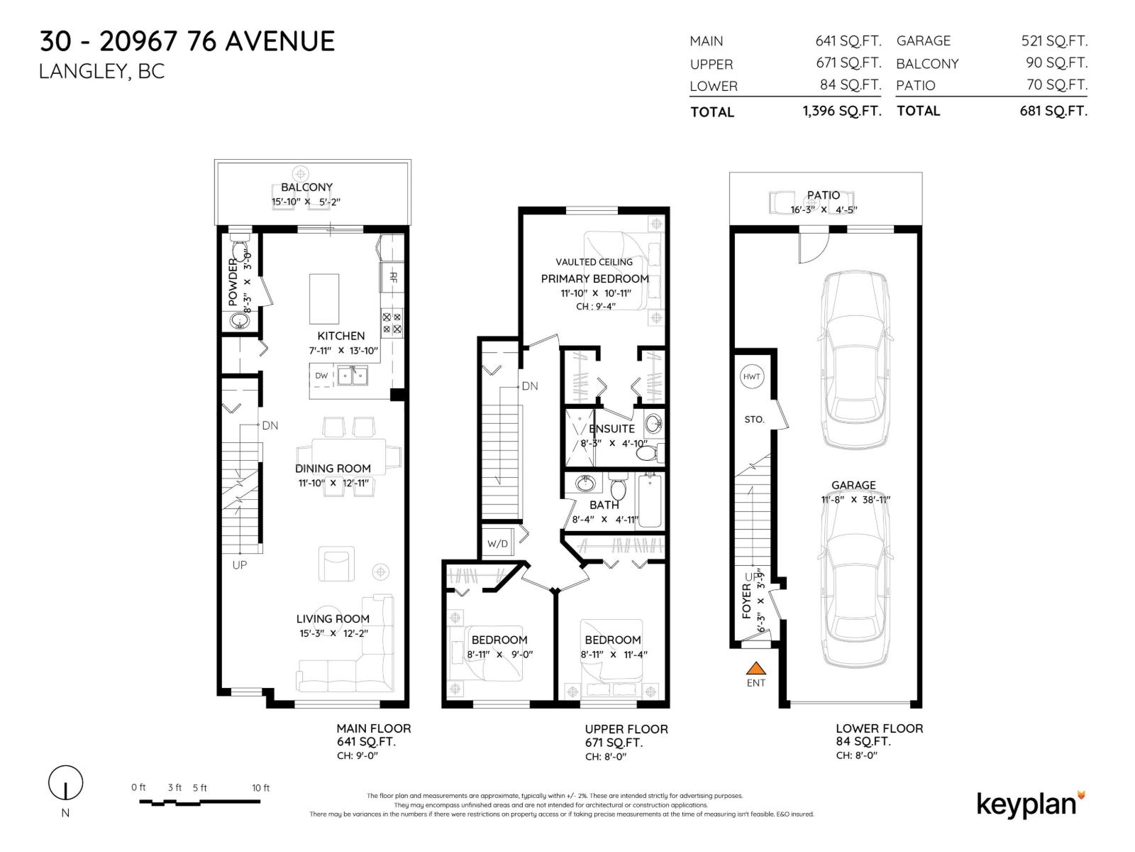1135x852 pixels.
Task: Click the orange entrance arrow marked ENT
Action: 756,667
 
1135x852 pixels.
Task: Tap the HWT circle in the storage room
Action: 752,377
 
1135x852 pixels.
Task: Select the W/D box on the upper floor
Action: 497,544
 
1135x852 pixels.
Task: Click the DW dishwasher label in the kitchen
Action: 321,376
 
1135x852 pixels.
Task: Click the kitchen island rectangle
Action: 324,298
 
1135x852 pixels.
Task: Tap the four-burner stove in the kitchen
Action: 392,324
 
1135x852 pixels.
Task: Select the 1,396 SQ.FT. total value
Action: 841,111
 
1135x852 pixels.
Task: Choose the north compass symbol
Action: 65,784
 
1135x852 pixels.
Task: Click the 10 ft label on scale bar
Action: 260,787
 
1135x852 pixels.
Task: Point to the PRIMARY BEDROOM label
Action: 594,279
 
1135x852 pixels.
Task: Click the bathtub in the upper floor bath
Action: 650,501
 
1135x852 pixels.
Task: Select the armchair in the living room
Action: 336,564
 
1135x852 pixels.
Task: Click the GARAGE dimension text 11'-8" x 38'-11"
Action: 856,500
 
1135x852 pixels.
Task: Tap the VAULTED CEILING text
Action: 594,262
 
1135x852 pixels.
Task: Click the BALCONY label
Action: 306,187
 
